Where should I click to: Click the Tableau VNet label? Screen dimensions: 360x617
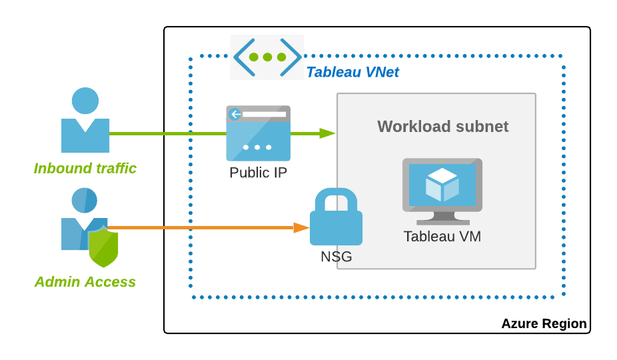352,72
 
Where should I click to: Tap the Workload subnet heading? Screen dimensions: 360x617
442,127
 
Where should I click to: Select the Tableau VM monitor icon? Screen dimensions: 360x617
442,191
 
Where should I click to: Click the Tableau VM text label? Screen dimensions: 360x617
442,236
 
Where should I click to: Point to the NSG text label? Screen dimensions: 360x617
336,257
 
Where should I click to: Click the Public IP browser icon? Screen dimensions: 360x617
258,133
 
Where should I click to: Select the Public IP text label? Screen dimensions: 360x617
258,173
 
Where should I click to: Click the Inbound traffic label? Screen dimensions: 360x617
85,169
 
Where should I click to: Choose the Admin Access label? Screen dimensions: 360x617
85,282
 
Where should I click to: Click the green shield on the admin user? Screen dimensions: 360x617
104,245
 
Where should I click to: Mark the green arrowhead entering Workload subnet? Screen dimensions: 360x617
327,133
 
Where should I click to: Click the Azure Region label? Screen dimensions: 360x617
544,324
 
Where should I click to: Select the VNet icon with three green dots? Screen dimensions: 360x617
267,57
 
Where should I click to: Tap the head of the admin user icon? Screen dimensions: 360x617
85,200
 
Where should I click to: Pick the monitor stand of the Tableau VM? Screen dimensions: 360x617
442,218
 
